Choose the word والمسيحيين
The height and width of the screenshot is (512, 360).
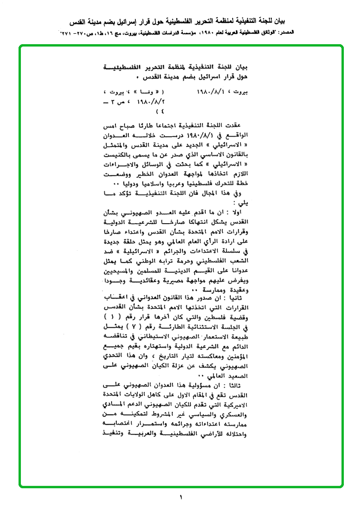click(x=118, y=269)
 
